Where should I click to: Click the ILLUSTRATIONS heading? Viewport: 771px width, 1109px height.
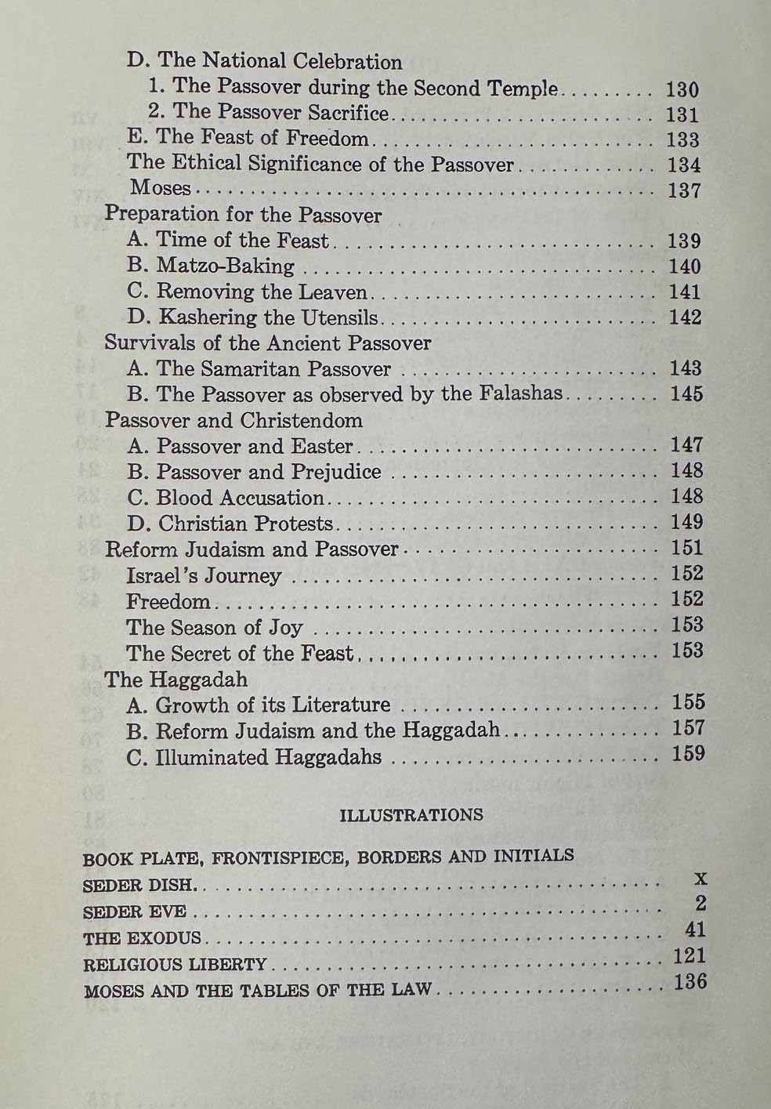[x=411, y=815]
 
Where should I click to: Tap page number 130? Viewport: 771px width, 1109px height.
[x=682, y=89]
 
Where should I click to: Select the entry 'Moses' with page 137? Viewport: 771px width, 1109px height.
[x=160, y=188]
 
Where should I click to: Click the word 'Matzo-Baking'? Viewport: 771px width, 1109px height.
[x=226, y=266]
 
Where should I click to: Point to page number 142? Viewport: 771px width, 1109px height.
[x=685, y=317]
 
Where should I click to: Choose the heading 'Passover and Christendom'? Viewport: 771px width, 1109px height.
[x=233, y=420]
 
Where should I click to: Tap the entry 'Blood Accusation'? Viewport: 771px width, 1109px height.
[x=239, y=498]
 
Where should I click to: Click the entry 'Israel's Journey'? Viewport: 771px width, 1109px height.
[x=203, y=575]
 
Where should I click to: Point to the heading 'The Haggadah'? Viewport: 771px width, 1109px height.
[x=176, y=679]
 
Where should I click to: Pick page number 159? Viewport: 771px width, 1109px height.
[x=688, y=754]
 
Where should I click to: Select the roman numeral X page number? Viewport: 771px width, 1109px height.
[x=700, y=879]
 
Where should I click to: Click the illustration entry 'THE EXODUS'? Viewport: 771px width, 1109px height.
[x=142, y=938]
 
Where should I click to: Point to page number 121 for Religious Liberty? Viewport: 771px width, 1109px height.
[x=689, y=956]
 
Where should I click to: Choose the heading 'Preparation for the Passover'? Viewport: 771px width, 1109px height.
[x=243, y=215]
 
